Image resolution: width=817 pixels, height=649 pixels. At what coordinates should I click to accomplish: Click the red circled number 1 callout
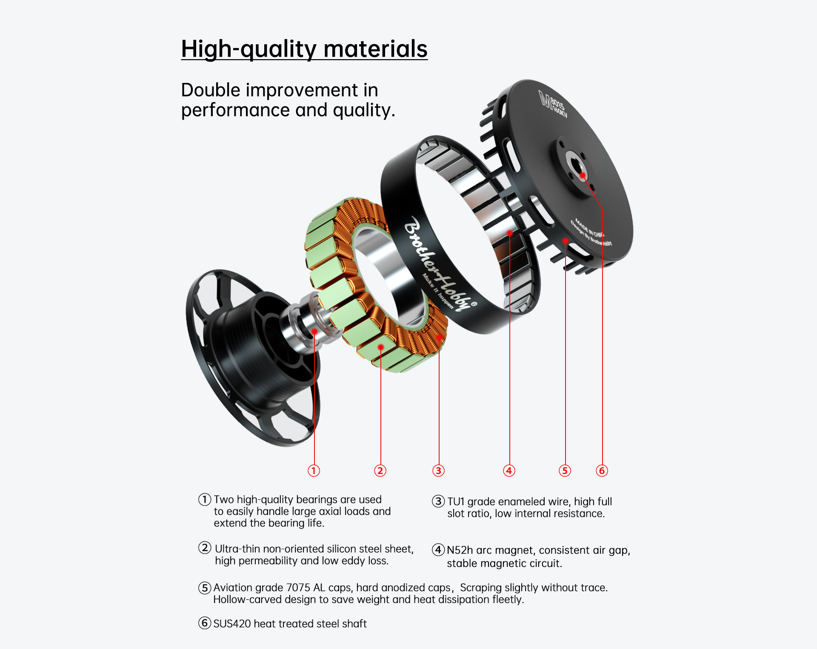314,470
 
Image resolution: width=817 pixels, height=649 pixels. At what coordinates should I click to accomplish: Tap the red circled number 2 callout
380,470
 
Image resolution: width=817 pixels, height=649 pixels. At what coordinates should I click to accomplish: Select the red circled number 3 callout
438,470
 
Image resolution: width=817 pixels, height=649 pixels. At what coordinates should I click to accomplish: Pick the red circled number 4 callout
509,470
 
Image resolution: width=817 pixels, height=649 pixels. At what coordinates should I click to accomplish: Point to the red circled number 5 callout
565,470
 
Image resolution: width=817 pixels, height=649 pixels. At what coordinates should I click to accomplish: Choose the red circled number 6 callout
602,470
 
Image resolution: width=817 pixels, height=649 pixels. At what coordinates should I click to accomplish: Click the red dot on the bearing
314,331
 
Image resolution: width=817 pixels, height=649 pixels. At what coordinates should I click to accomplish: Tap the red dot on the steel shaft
583,175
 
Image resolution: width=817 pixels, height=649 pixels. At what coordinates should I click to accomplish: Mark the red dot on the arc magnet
510,233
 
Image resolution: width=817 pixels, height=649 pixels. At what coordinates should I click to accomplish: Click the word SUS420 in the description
232,623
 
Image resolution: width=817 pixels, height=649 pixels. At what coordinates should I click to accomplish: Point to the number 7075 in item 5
298,587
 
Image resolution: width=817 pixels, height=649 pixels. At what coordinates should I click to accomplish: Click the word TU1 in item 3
456,501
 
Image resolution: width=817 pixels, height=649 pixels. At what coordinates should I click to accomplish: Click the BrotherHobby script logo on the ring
438,264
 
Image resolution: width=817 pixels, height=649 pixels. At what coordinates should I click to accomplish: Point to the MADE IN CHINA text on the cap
589,228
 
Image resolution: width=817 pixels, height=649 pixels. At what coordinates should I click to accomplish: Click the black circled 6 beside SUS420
205,623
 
